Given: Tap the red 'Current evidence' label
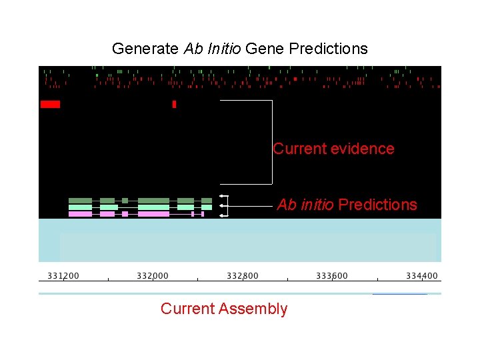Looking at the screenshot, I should tap(333, 149).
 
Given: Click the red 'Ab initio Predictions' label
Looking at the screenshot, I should tap(347, 205).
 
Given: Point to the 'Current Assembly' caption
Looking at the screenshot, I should tap(224, 309).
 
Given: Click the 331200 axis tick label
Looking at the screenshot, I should tap(63, 275).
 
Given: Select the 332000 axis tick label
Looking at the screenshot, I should tap(153, 275).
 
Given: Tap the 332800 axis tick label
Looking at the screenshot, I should tap(243, 275).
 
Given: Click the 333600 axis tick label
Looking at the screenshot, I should tap(332, 275).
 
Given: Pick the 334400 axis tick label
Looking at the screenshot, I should tap(422, 275).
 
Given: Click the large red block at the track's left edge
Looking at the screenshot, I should tap(50, 104).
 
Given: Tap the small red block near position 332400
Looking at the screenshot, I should tap(174, 104).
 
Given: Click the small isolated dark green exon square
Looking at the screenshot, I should tap(125, 200).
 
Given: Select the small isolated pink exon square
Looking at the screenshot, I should tap(125, 214).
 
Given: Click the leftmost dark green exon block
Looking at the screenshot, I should tap(80, 200).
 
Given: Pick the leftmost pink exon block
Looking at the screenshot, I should tap(80, 214).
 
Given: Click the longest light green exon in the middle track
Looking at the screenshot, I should tap(153, 207).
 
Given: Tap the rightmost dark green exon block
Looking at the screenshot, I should tap(207, 200).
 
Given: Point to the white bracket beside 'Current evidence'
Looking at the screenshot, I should tap(272, 142).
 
